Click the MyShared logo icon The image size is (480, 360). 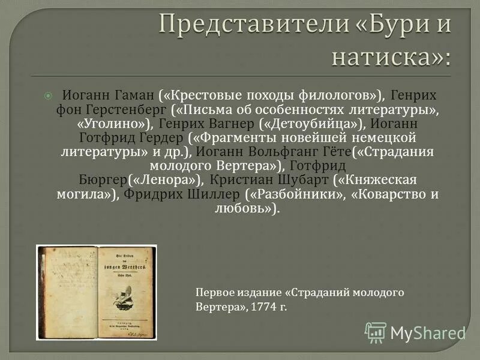(376, 332)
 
